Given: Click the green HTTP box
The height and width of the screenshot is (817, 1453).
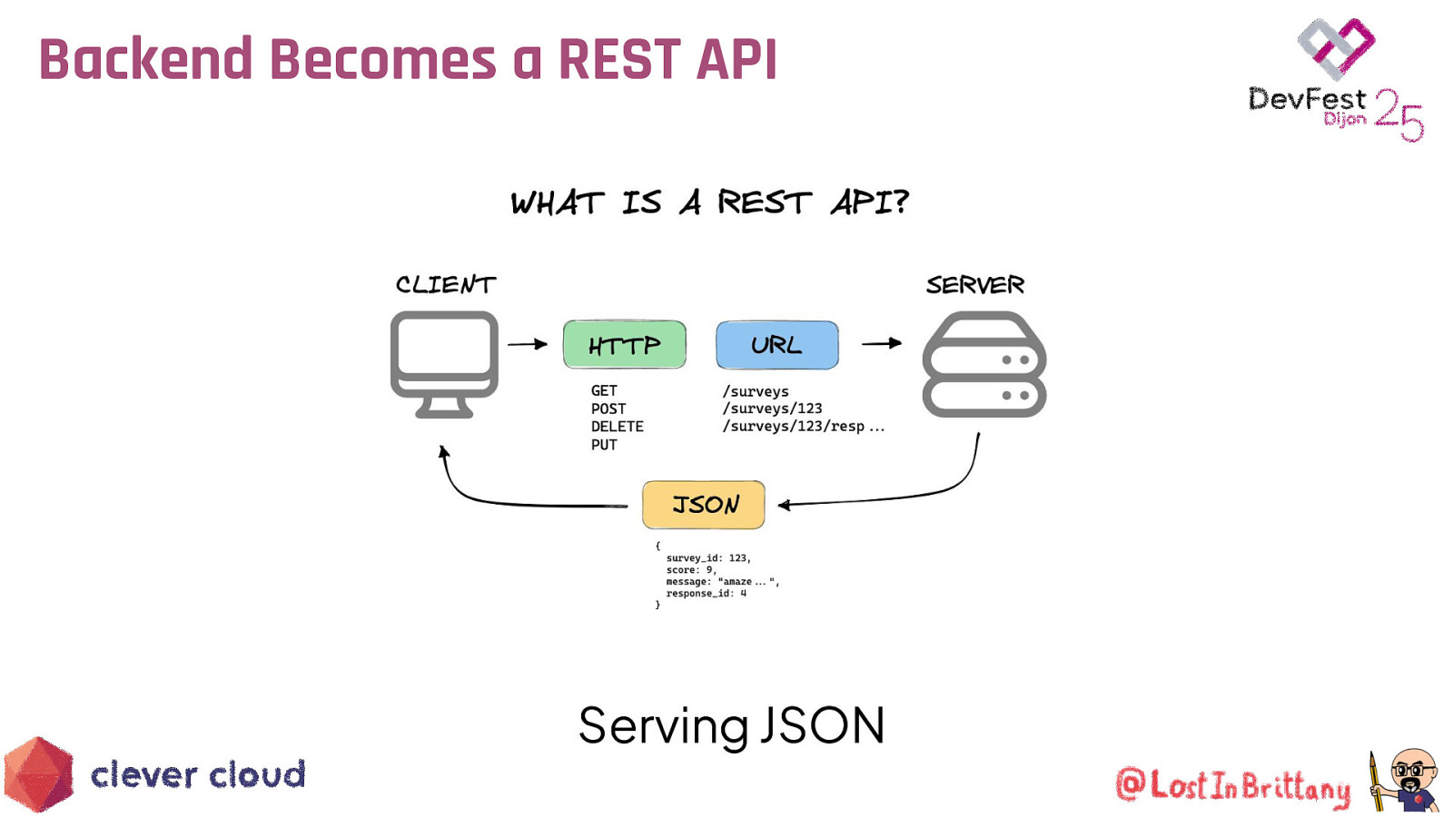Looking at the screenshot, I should (x=624, y=344).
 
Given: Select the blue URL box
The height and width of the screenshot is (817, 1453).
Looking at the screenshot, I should (x=776, y=345).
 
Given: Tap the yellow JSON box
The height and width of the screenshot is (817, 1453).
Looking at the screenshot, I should (x=703, y=505).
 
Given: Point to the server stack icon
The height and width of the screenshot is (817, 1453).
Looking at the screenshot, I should (x=983, y=365).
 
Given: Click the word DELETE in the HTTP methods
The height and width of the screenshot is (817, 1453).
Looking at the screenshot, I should (x=617, y=427).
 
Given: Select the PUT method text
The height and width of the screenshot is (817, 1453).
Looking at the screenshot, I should (x=604, y=445).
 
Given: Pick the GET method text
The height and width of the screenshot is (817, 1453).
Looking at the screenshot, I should (x=604, y=391).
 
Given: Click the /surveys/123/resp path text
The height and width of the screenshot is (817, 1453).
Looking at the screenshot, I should (x=793, y=427).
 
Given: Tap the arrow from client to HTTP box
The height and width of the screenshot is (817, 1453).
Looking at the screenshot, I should (x=527, y=344).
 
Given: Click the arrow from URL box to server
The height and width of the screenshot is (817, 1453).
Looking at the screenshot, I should (x=881, y=343).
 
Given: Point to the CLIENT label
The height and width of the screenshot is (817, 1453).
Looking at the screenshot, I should (x=445, y=285).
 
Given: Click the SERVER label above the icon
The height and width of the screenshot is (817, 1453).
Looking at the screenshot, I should (x=974, y=285).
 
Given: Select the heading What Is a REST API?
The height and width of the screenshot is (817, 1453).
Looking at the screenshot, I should (x=708, y=202).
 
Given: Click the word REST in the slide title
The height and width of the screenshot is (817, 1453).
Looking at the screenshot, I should (x=618, y=60).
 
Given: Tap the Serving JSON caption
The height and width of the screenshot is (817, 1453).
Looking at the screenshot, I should (x=731, y=726).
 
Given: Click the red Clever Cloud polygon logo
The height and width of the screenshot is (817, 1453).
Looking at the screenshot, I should (x=38, y=774).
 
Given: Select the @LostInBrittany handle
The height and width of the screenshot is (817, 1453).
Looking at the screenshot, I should (x=1232, y=786).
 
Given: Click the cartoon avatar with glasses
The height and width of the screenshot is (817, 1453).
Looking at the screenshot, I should (x=1408, y=779).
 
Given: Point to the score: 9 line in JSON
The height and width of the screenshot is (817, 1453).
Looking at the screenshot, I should (x=690, y=570).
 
